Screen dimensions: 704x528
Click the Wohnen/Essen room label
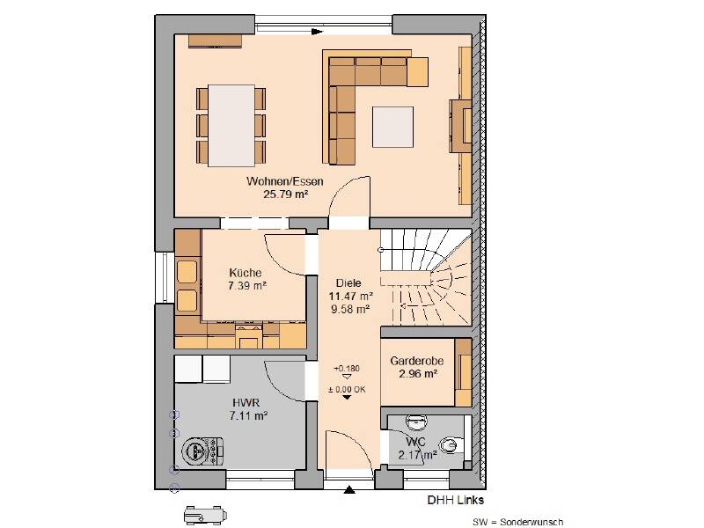coord(284,181)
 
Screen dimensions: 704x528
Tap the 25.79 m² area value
coord(285,194)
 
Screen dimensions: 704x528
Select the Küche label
coord(246,273)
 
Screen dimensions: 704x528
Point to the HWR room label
coord(246,402)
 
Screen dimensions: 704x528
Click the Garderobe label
coord(416,361)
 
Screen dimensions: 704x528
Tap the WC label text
coord(415,442)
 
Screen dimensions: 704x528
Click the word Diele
coord(348,283)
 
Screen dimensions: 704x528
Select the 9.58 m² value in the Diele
coord(350,310)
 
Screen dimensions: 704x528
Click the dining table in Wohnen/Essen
coord(231,126)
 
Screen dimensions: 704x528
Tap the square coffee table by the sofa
coord(392,127)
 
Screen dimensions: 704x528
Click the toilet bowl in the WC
coord(450,445)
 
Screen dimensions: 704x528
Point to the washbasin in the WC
coord(415,422)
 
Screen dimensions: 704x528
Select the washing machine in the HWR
coord(202,451)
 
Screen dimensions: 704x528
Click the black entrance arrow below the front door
coord(349,489)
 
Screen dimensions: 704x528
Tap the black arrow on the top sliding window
coord(318,32)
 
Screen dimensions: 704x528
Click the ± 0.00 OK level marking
coord(347,390)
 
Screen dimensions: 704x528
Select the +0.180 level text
coord(347,369)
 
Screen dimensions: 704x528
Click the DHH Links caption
coord(455,500)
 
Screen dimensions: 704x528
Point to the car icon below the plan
coord(205,515)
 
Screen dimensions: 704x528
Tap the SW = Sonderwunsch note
coord(517,522)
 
